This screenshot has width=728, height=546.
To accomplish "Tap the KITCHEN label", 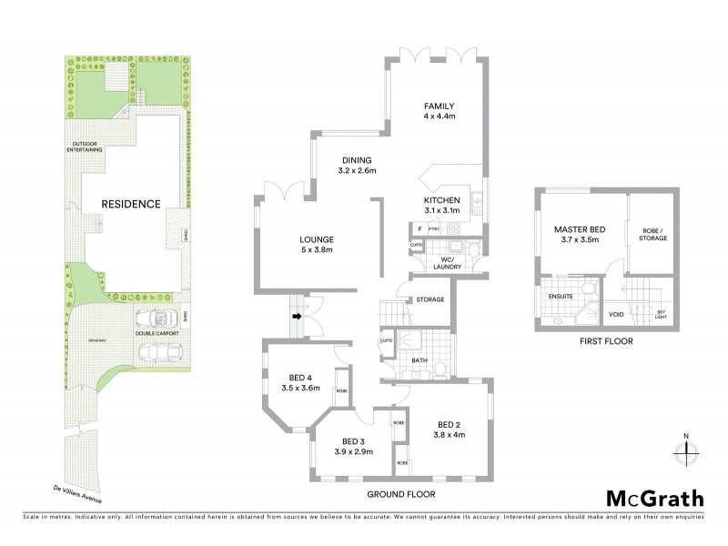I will point(441,199).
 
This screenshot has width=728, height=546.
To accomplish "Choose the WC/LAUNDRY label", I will point(447,263).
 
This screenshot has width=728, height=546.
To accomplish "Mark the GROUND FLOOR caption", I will point(400,494).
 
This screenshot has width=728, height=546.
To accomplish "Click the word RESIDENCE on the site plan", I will point(131,205).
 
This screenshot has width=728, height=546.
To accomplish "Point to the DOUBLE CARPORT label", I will point(156,334).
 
